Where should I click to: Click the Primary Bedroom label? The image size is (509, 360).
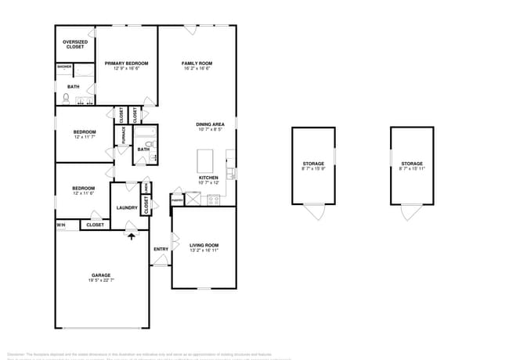click(x=126, y=63)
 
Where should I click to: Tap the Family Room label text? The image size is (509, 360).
click(x=197, y=63)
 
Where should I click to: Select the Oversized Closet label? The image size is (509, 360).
click(x=74, y=44)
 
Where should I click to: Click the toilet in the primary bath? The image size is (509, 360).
click(x=67, y=99)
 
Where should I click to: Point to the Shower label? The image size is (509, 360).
click(x=64, y=67)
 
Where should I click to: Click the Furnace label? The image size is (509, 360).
click(x=122, y=135)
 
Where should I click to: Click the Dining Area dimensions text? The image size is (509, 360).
click(x=211, y=130)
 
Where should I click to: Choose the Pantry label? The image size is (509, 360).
click(x=178, y=200)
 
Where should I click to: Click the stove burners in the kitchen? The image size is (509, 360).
click(x=213, y=200)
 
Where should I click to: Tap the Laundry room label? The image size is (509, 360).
click(x=127, y=207)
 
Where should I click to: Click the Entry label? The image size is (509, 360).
click(x=161, y=249)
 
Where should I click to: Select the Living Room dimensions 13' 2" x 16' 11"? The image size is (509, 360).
click(x=204, y=250)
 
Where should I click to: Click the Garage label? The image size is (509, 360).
click(x=101, y=275)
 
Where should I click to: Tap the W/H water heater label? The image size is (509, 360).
click(x=60, y=225)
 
